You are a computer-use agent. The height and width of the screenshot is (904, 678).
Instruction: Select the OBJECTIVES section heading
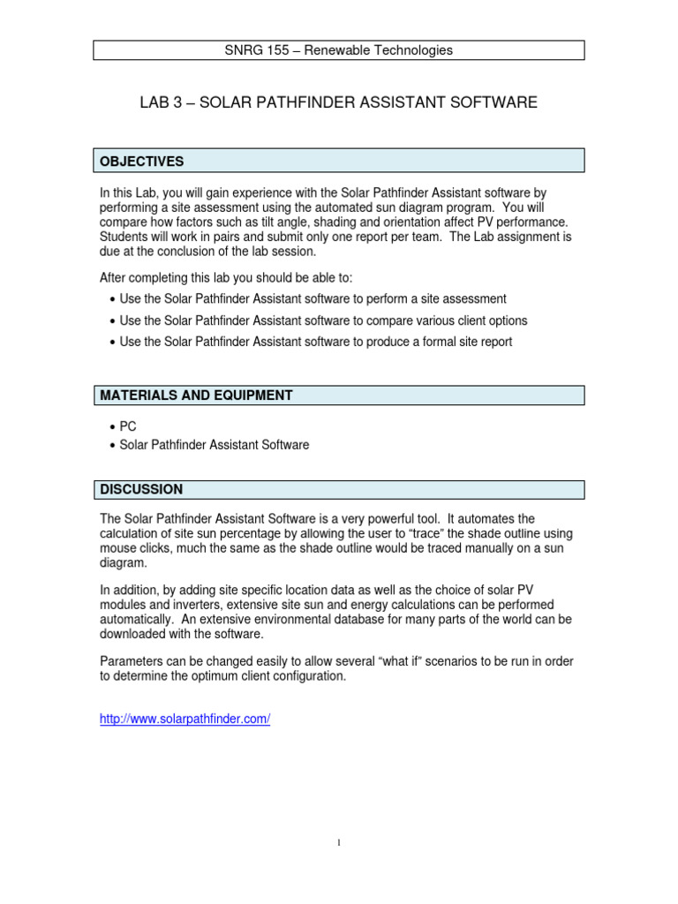click(x=142, y=162)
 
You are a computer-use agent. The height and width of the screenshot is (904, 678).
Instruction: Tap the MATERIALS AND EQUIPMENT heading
click(x=196, y=395)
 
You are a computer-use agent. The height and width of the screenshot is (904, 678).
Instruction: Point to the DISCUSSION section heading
click(x=141, y=489)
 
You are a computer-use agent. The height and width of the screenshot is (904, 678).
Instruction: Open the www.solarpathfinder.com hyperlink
click(x=185, y=719)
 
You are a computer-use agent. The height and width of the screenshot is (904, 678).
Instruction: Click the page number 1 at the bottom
click(x=339, y=843)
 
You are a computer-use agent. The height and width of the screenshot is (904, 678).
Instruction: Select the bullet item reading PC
click(x=128, y=426)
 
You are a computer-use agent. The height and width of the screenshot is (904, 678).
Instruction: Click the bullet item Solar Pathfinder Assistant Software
click(x=215, y=445)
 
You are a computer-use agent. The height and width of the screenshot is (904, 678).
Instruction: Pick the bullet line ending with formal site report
click(x=315, y=342)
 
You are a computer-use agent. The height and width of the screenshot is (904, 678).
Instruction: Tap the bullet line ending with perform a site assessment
click(x=313, y=299)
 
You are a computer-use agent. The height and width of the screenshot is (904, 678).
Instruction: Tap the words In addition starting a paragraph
click(x=131, y=590)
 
